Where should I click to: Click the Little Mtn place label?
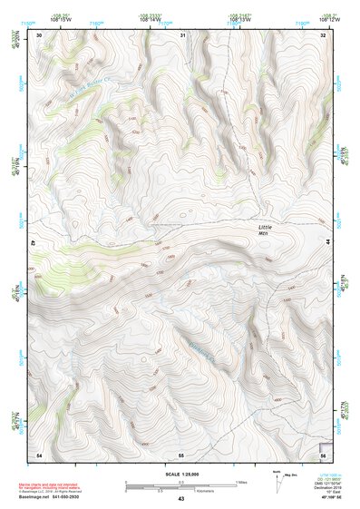(264, 229)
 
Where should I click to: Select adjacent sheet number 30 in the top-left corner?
(39, 34)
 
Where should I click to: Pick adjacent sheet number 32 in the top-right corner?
(322, 34)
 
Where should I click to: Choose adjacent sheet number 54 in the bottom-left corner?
(39, 453)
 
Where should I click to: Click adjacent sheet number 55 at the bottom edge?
(181, 453)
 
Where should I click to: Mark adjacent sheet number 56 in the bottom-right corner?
(322, 453)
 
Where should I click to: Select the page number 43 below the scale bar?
(181, 499)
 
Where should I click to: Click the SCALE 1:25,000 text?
(180, 474)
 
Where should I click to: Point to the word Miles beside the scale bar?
(240, 482)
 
